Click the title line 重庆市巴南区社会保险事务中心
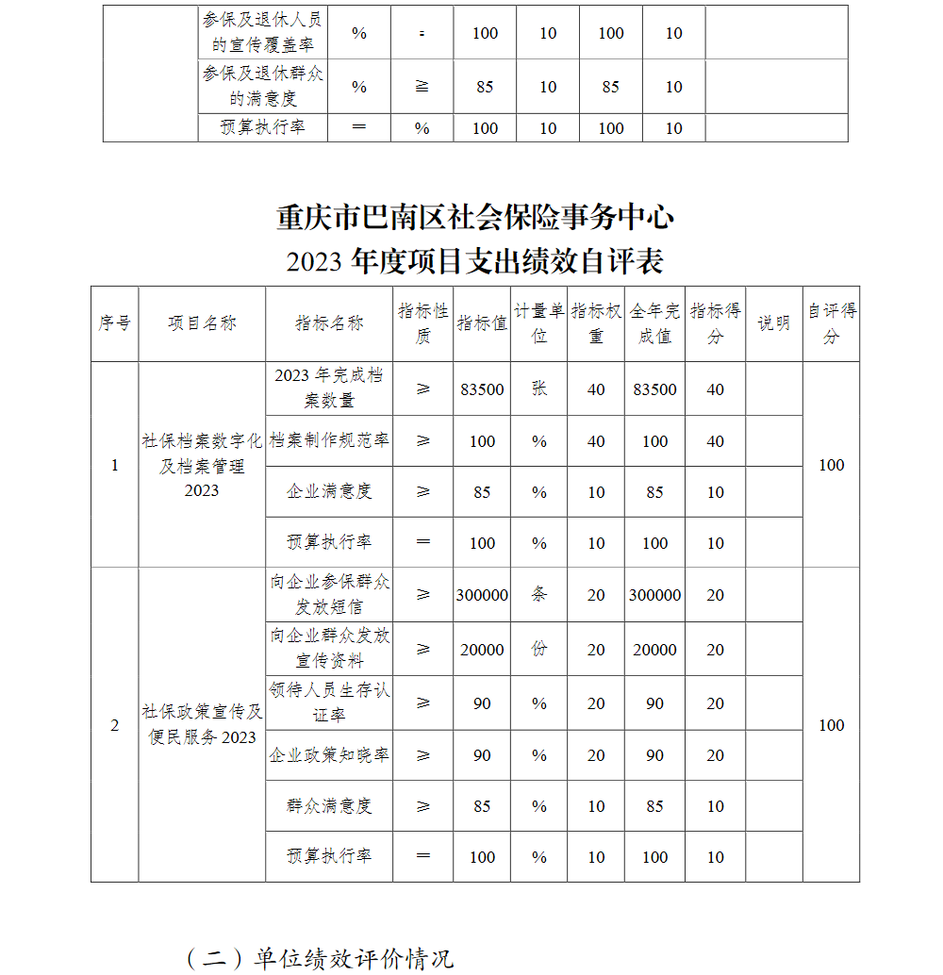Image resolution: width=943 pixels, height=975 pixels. point(474,218)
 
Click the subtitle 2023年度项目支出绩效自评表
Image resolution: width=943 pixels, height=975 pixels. point(474,261)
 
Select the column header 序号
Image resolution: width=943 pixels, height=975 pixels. point(114,322)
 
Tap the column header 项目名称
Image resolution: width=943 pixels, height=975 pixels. point(202,322)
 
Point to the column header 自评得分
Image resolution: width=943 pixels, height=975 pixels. point(831,322)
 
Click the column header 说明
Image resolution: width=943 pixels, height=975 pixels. point(773,322)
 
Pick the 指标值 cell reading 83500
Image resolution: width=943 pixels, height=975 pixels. point(482,388)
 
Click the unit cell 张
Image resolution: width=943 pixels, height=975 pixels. point(538,388)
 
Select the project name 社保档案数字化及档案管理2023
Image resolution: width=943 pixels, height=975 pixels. point(202,465)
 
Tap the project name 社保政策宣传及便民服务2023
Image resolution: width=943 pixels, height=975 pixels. point(202,724)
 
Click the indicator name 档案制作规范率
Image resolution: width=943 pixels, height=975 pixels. point(329,440)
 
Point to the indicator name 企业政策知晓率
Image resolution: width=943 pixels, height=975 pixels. point(329,755)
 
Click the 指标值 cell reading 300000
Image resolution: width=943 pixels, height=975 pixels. point(482,595)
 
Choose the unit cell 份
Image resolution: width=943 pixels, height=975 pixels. point(538,649)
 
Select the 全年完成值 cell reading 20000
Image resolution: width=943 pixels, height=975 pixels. point(654,649)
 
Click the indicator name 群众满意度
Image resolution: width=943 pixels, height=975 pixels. point(329,806)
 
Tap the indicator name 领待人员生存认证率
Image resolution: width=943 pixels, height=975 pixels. point(329,702)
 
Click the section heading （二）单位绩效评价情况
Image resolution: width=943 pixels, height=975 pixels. point(320,958)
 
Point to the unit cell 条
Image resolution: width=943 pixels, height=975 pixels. point(538,595)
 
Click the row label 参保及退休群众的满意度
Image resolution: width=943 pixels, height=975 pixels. point(263,86)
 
